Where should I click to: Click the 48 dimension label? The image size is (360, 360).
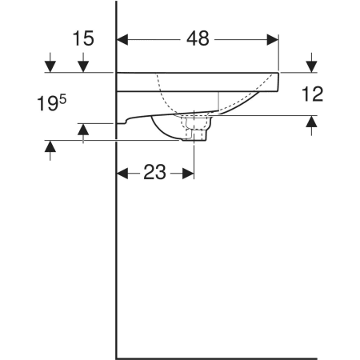198,38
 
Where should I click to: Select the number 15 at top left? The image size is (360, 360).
83,38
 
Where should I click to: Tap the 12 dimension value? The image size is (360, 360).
312,94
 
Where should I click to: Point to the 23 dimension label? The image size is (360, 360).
154,172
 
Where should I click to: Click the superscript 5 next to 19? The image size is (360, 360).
63,100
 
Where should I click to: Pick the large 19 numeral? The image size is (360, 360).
47,104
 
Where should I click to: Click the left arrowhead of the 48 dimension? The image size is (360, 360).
122,40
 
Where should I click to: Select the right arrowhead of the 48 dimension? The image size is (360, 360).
273,40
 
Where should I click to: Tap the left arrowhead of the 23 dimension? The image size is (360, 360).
122,174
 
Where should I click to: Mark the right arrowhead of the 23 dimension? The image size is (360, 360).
188,174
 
